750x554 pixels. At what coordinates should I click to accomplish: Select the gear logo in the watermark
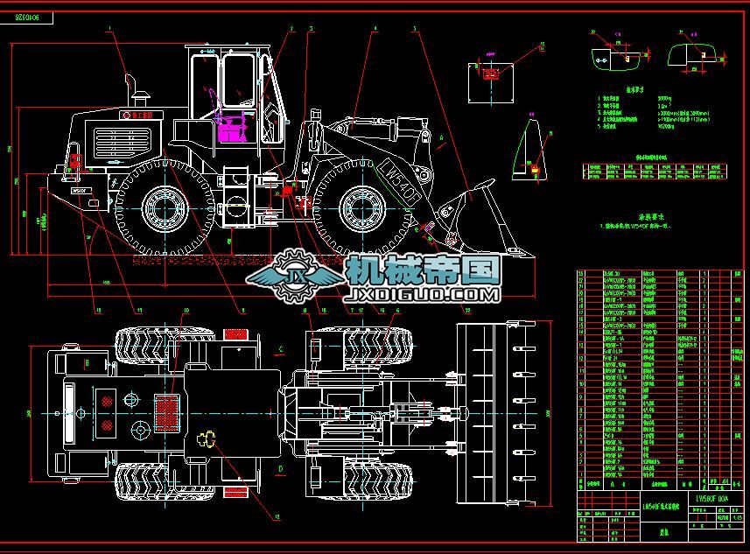(x=293, y=278)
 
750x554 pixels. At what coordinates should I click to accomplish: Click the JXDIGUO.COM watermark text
(x=423, y=295)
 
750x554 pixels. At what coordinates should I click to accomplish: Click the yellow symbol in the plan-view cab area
(x=207, y=441)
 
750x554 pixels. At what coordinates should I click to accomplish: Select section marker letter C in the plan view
(x=280, y=349)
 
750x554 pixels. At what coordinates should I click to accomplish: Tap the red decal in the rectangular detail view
(x=490, y=75)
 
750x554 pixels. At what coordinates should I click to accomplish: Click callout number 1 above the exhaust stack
(x=109, y=28)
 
